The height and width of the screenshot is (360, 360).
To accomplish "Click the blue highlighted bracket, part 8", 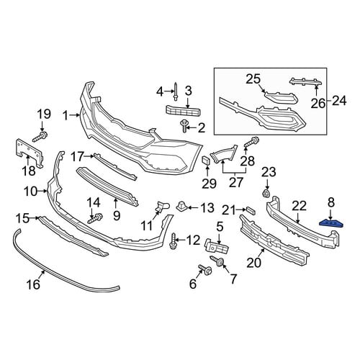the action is (331, 223).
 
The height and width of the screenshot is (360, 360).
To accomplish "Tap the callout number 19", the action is (44, 114).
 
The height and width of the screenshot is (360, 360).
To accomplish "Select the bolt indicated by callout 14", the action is (96, 218).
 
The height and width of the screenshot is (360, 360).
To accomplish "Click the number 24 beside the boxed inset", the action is (339, 101).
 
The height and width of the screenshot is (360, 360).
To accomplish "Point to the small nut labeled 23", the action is (266, 193).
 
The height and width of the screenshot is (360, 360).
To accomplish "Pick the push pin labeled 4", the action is (176, 91).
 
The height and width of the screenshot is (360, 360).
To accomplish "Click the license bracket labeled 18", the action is (30, 152).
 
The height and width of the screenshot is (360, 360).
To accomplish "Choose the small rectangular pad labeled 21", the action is (251, 210).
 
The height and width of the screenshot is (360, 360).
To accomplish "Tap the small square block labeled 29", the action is (207, 160).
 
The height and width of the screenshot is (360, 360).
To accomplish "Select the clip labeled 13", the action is (182, 207).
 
